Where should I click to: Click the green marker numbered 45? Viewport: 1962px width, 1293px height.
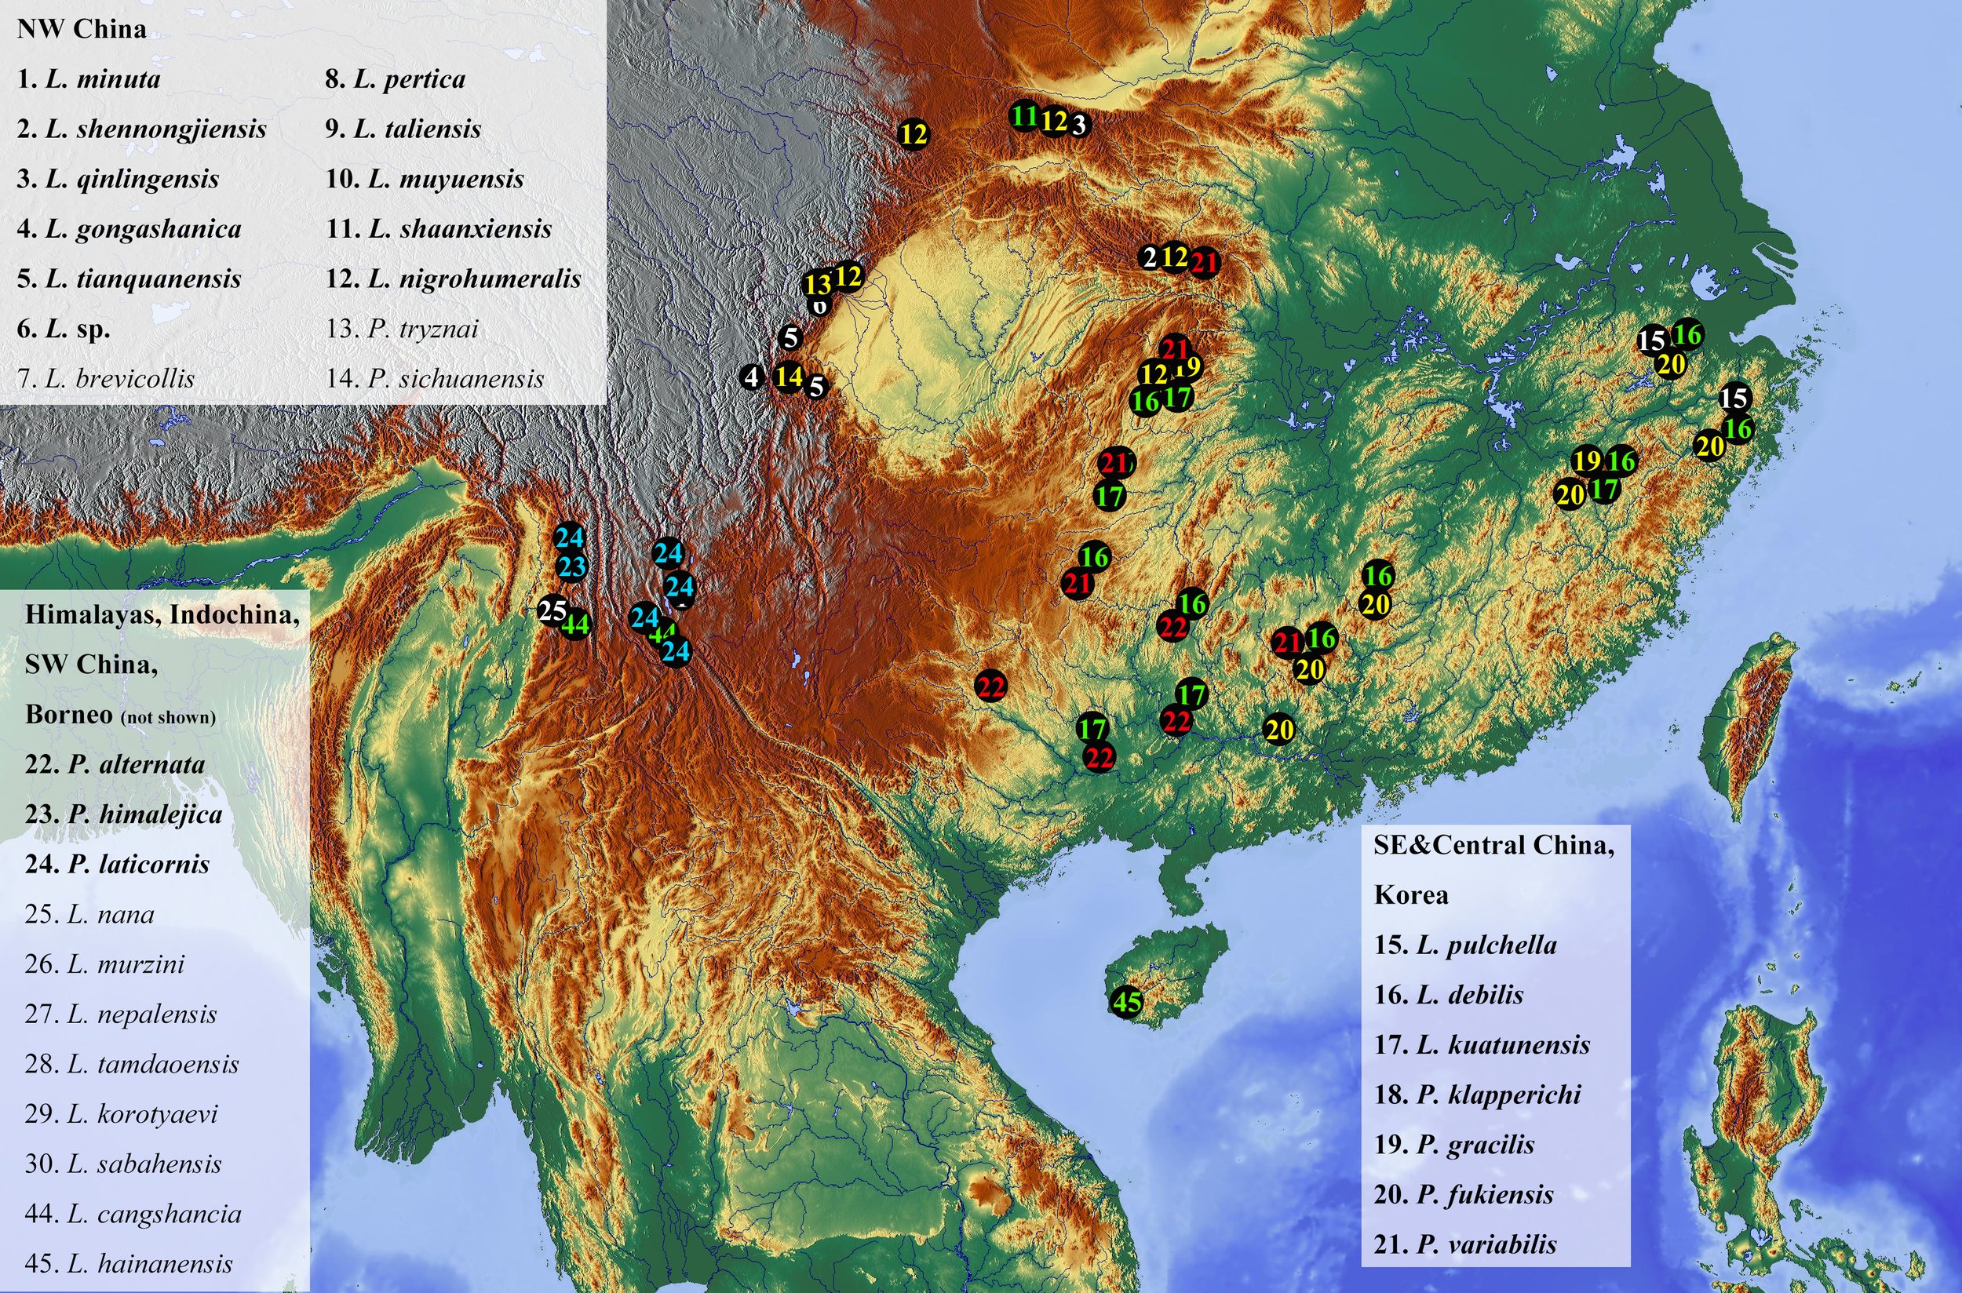tap(1128, 1003)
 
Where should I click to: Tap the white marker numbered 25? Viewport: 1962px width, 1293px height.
tap(552, 611)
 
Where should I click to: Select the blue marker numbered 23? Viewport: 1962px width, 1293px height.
tap(571, 566)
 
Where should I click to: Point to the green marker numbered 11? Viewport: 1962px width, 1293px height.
tap(1024, 116)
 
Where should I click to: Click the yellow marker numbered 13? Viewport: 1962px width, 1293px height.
tap(817, 285)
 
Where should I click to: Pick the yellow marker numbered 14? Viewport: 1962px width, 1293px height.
tap(790, 377)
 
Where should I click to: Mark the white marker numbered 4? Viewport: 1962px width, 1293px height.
tap(751, 377)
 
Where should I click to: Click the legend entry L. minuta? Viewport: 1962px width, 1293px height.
tap(88, 79)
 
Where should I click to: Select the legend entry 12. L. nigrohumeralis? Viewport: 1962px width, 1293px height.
tap(453, 279)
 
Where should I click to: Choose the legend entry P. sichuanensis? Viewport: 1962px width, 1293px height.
tap(435, 378)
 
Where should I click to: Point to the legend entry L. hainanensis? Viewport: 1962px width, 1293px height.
tap(129, 1263)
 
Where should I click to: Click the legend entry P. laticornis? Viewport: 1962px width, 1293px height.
tap(117, 864)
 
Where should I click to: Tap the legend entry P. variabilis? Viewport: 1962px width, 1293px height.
tap(1464, 1244)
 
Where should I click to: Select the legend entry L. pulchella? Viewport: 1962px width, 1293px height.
tap(1464, 945)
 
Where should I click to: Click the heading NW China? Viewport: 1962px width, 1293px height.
tap(81, 29)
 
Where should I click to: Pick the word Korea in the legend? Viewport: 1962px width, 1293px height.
tap(1410, 894)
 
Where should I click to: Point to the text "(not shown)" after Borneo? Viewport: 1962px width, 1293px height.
tap(168, 717)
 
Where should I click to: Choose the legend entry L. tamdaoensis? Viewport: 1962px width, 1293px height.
tap(132, 1064)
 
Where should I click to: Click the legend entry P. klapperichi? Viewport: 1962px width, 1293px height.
tap(1477, 1094)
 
